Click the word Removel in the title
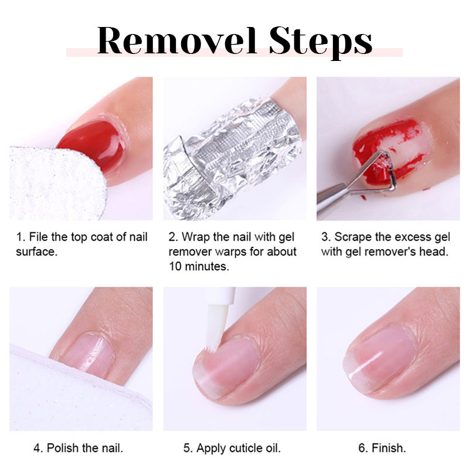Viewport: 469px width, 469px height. pos(177,40)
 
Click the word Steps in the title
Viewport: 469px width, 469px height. pos(321,42)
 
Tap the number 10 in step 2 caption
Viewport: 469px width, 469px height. pos(175,266)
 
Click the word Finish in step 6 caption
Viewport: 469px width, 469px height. pos(389,448)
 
